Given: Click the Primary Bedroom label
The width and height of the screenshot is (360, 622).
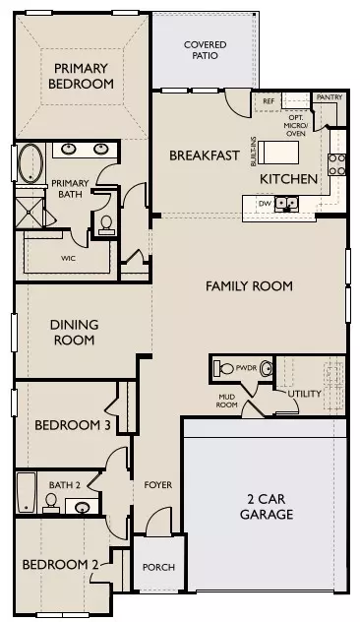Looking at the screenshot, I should (80, 76).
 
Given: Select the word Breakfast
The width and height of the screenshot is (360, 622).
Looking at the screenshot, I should (205, 155).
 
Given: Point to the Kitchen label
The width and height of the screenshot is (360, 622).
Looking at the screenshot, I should (288, 179).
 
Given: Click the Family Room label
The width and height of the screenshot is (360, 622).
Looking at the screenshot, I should (249, 286).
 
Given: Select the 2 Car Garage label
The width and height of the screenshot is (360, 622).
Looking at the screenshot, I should (268, 507).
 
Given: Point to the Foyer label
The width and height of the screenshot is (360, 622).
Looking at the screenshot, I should (158, 484).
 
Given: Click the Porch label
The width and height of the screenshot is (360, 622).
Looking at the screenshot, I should (158, 567).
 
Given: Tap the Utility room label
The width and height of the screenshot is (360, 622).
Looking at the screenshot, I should (304, 395).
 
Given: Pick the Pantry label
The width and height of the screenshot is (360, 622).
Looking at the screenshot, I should (327, 98).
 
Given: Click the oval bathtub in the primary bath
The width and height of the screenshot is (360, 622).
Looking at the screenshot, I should (30, 160).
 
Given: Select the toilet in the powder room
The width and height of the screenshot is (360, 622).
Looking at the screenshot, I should (226, 370).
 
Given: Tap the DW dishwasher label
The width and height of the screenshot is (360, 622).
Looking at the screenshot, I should (265, 204).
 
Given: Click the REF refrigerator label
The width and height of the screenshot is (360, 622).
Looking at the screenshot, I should (268, 100).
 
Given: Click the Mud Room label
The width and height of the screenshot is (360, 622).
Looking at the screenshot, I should (227, 400).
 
